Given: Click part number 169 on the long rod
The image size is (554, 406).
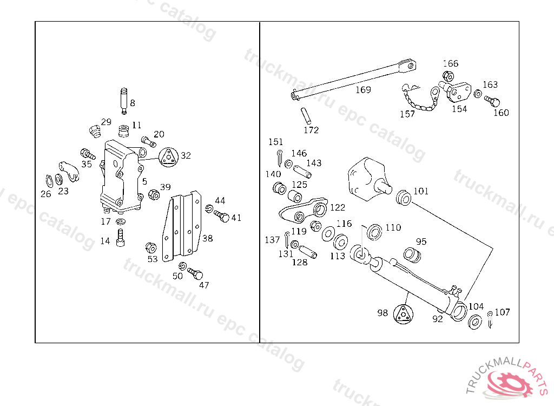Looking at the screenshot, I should point(363,89).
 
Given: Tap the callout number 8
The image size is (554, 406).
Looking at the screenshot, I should point(132,102).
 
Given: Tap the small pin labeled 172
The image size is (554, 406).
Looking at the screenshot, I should point(305,115).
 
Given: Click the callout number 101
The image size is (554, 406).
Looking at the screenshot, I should point(420,191).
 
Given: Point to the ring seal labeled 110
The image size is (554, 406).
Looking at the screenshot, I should point(374,232).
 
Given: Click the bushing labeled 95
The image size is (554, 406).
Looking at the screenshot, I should point(412,254).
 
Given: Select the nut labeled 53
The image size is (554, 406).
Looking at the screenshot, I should point(151,248).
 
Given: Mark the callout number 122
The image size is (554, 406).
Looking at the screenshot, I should point(337,207).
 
